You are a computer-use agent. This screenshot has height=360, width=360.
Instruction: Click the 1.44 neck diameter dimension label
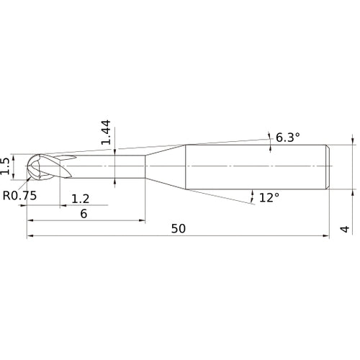[x=106, y=132]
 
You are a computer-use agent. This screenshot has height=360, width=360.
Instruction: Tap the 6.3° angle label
[x=288, y=138]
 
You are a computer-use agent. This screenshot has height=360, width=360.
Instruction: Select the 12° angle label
[x=269, y=197]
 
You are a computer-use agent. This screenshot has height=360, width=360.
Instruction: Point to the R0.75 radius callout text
[x=19, y=195]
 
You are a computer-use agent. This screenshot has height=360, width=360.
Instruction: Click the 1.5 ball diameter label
[x=5, y=166]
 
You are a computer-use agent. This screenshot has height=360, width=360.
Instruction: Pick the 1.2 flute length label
[x=81, y=199]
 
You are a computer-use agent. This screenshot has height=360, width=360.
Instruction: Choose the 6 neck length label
[x=84, y=214]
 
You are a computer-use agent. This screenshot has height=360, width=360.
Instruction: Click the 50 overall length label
[x=179, y=228]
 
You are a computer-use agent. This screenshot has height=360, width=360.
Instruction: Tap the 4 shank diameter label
[x=345, y=229]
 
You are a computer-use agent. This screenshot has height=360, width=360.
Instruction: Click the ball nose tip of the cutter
[x=27, y=166]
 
